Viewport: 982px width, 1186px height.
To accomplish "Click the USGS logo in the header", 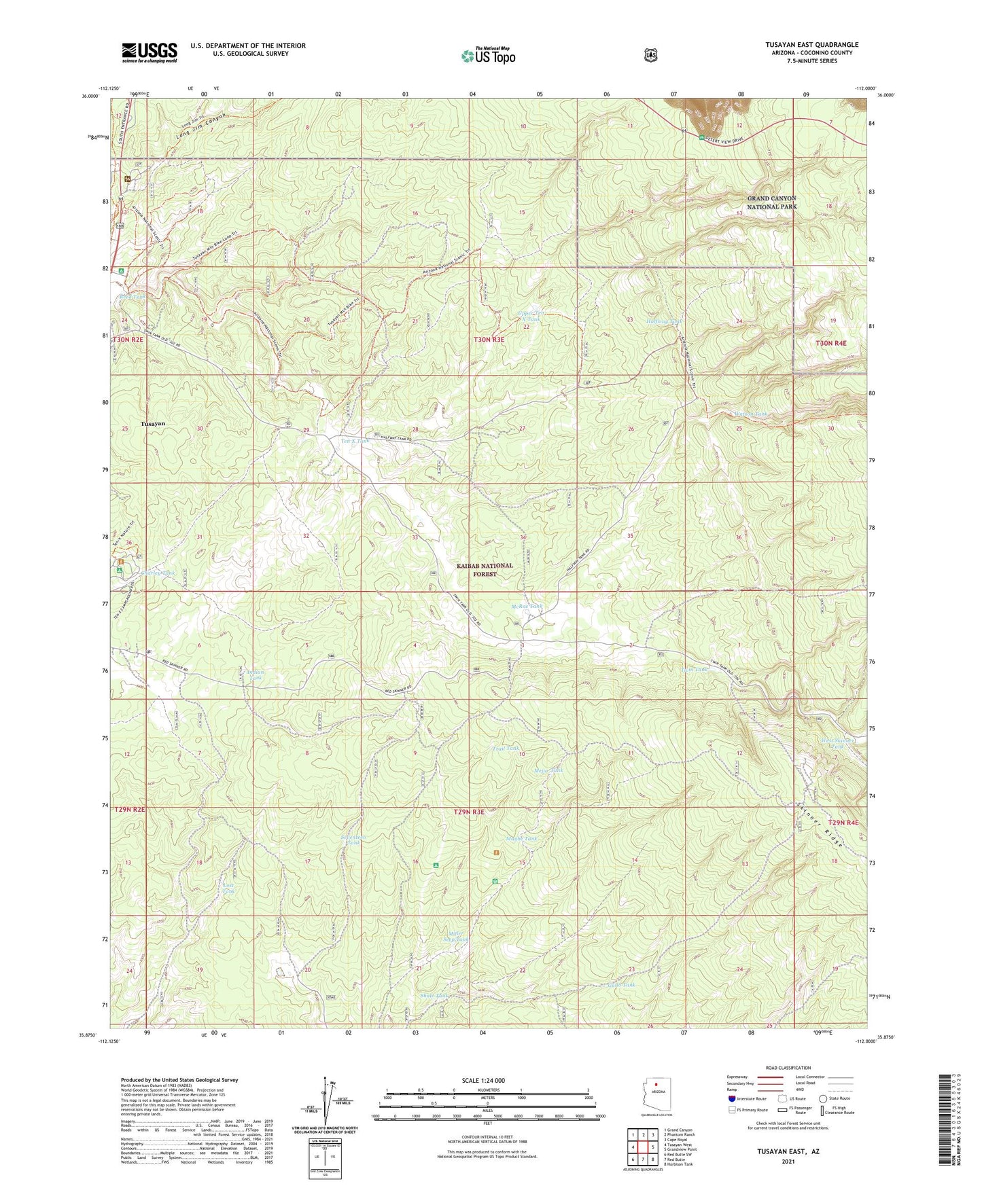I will point(150,52).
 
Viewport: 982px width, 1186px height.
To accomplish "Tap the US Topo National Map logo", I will point(488,55).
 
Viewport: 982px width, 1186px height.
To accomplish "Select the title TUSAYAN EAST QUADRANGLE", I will point(811,45).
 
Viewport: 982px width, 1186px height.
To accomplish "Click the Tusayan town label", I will point(153,423).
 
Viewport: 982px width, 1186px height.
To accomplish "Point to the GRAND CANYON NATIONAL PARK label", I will point(771,202).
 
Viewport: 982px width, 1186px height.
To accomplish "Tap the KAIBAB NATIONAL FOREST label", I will point(485,569).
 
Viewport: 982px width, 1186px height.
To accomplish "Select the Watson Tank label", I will point(750,414).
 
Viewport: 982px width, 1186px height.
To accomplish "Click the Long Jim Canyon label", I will point(201,124).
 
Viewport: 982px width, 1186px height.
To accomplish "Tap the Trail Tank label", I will point(505,749).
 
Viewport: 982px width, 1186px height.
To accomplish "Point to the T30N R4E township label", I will point(831,344).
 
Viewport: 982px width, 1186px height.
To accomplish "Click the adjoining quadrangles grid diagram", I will point(642,1147).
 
